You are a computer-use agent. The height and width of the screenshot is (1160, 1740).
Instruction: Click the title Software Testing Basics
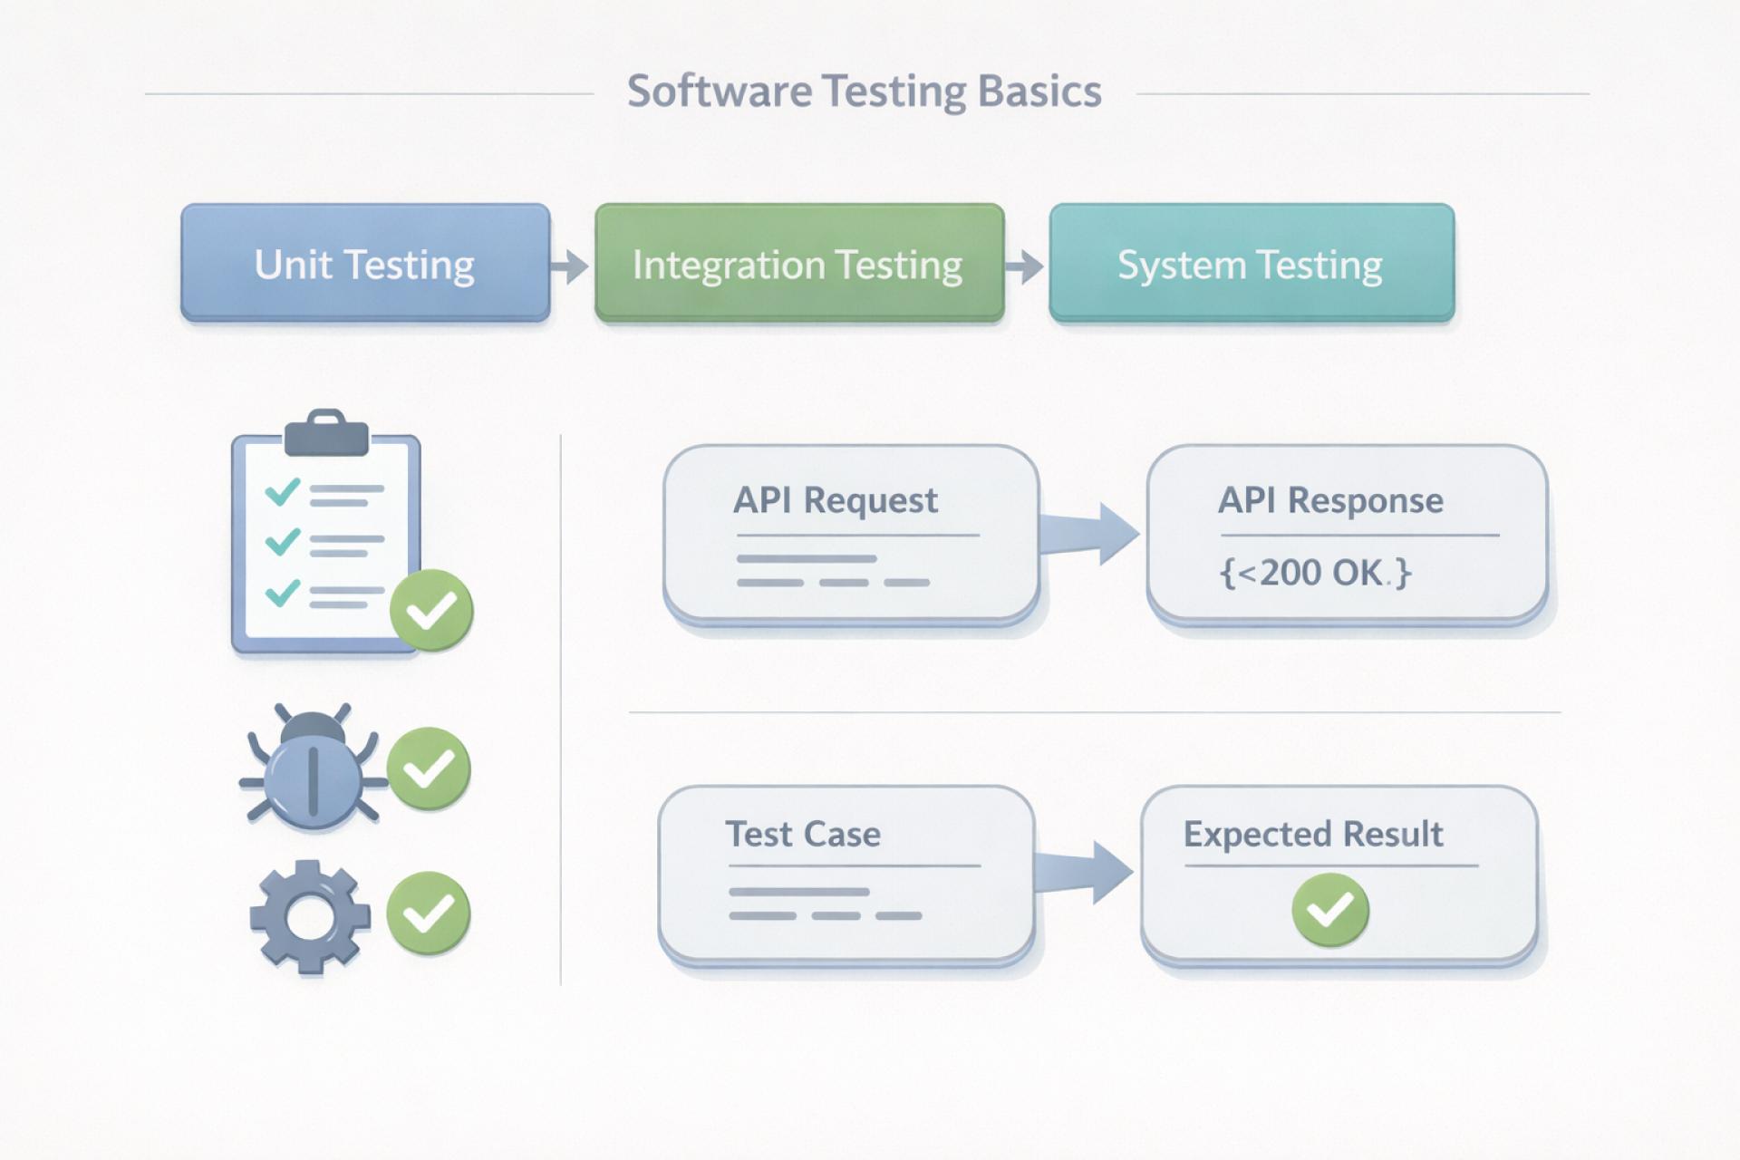[864, 92]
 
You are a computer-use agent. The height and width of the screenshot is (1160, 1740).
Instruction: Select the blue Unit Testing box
[365, 263]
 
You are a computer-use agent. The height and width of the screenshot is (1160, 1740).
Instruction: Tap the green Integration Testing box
[798, 263]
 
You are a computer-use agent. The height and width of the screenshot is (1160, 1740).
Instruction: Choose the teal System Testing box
[1251, 263]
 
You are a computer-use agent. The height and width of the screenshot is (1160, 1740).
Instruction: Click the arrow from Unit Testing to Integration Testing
[571, 266]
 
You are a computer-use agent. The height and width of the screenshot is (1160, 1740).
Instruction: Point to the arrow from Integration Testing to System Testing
[1026, 266]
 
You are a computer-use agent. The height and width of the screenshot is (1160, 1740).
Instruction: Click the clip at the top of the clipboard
[326, 433]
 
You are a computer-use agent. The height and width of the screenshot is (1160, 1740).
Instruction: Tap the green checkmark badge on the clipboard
[431, 610]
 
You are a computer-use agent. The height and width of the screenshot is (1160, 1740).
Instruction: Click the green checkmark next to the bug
[429, 768]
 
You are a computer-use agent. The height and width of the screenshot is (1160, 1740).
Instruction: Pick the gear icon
[310, 916]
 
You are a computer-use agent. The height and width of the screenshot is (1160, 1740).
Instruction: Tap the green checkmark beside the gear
[428, 913]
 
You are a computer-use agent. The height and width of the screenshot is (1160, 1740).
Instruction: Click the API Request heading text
[835, 500]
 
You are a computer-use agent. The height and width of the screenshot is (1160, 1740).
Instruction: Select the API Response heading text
[1329, 500]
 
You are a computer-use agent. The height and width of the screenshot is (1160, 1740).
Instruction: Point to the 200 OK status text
[1315, 573]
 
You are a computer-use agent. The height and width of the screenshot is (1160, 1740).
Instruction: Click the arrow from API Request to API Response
[1089, 534]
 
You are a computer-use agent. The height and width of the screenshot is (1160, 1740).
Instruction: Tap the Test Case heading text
[803, 834]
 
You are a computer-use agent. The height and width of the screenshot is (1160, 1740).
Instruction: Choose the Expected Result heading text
[1312, 834]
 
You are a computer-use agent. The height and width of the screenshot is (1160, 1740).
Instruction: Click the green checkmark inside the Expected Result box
[1329, 909]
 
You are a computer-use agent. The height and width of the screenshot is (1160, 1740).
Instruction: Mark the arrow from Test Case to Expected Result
[1084, 872]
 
